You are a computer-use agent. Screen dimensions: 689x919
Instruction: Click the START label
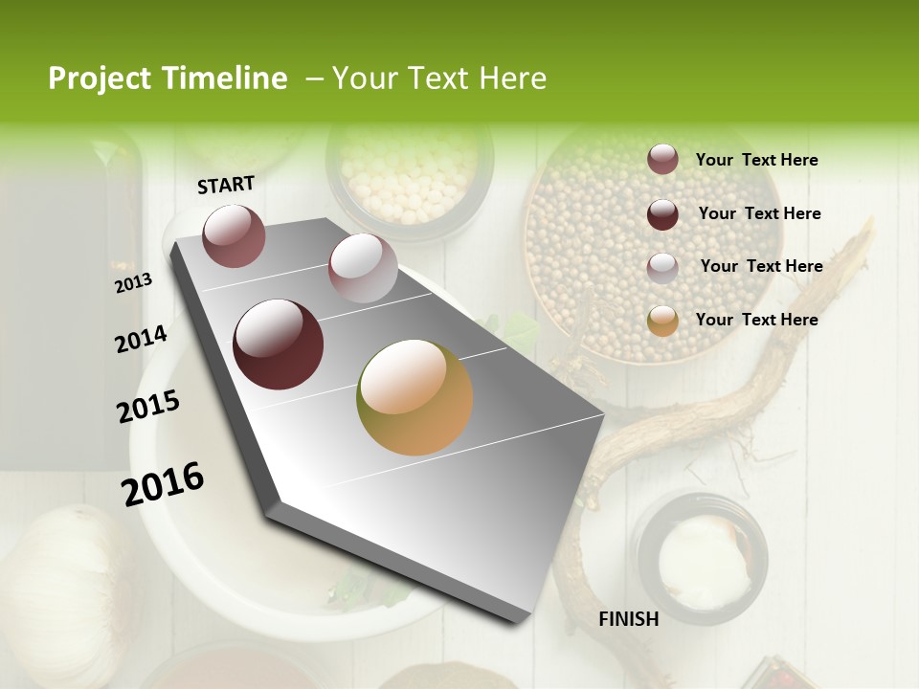click(226, 185)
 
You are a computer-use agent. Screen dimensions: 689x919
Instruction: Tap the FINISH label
click(629, 619)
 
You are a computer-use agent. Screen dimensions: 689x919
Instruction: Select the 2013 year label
click(134, 282)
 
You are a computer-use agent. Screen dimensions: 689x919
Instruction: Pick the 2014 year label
click(141, 339)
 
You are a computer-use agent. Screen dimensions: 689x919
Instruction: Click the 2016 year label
click(163, 483)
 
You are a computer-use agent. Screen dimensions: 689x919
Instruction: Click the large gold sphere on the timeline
click(415, 397)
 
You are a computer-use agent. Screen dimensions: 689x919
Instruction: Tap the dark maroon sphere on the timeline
click(278, 344)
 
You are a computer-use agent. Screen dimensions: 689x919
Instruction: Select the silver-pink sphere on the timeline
click(363, 267)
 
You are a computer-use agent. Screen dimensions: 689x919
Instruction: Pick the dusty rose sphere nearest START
click(234, 235)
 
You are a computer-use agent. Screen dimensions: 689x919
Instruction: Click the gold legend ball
click(662, 321)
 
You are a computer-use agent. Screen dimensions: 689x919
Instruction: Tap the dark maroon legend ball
click(662, 214)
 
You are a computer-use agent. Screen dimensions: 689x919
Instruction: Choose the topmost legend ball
click(662, 159)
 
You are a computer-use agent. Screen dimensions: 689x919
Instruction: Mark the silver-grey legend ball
click(662, 267)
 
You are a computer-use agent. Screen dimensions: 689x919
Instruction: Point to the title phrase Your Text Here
click(439, 78)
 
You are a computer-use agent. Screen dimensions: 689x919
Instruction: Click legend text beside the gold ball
click(756, 320)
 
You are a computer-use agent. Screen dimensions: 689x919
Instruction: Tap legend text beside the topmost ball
click(756, 160)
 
